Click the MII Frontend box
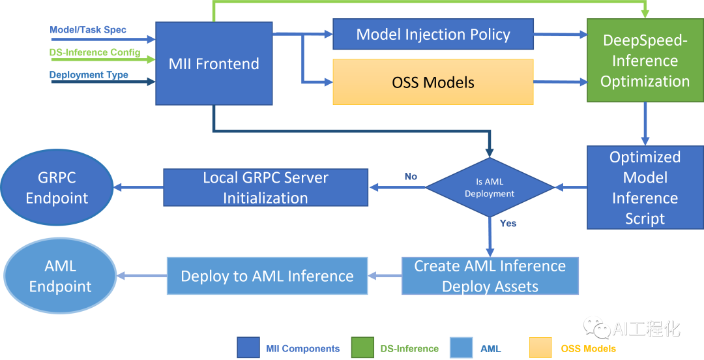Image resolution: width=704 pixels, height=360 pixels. (x=214, y=63)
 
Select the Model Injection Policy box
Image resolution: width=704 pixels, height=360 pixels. (x=433, y=35)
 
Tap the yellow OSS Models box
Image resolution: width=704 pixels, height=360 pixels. (x=433, y=82)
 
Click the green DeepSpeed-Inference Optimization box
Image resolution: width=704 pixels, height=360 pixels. (x=645, y=61)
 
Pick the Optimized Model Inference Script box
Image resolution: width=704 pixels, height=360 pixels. (x=645, y=187)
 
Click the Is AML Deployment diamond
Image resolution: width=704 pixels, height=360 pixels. (x=490, y=187)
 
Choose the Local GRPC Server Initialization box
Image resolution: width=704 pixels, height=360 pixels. (x=265, y=187)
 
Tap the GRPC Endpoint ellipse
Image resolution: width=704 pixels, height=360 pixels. (x=57, y=187)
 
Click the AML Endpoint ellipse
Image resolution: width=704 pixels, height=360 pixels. (x=60, y=276)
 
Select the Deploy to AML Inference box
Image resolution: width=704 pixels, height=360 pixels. (x=267, y=276)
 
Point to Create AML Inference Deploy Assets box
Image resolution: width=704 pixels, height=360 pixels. (x=490, y=276)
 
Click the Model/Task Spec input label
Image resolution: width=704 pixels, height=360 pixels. (x=88, y=30)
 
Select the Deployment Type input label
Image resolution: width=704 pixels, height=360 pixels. (x=89, y=75)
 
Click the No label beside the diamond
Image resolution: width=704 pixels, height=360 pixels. (x=410, y=176)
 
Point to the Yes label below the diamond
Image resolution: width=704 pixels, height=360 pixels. (x=508, y=223)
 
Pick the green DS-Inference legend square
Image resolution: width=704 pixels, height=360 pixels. (x=362, y=348)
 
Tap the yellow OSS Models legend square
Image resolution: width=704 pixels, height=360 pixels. (x=542, y=348)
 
